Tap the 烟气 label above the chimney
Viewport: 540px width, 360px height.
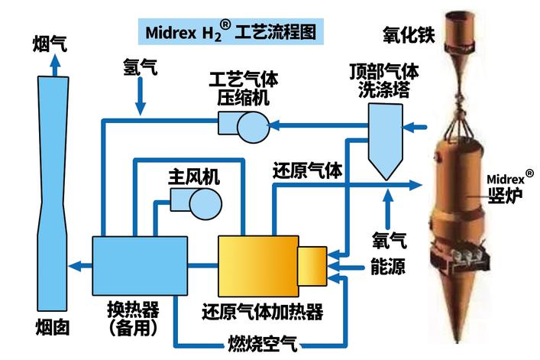51,44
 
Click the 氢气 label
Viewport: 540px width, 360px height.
140,68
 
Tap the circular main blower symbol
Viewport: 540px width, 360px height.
204,203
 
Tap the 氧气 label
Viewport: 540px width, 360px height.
388,241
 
